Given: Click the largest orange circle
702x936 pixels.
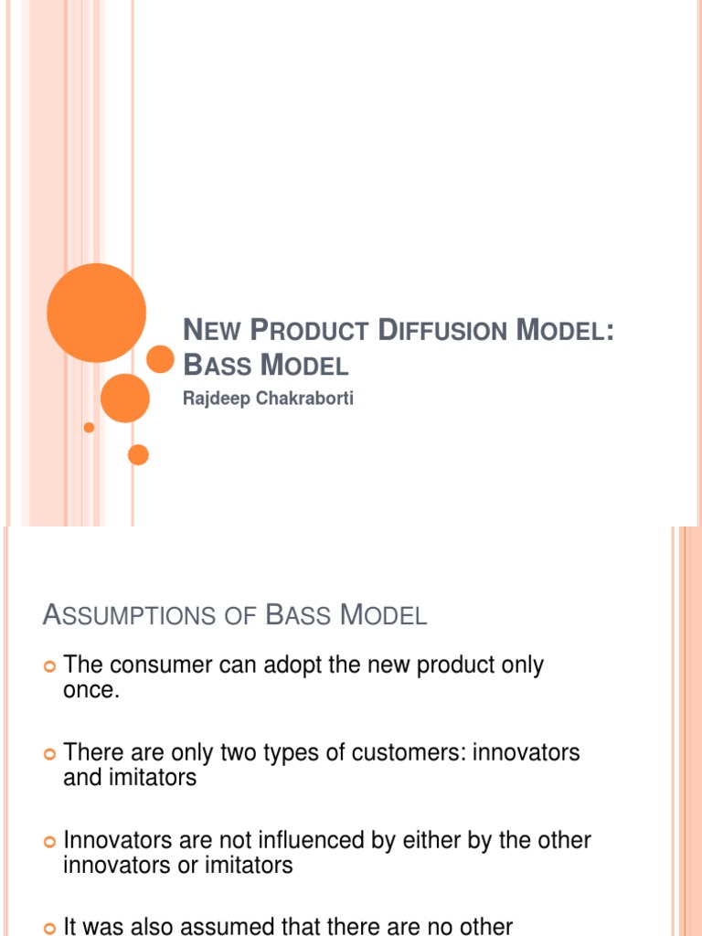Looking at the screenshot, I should [96, 313].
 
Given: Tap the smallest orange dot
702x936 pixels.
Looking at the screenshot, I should [89, 427].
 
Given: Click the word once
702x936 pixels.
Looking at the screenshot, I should [91, 690].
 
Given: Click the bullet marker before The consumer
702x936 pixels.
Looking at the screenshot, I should [50, 666].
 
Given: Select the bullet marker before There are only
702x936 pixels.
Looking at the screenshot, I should [50, 754].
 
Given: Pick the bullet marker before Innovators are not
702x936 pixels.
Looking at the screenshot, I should [50, 841].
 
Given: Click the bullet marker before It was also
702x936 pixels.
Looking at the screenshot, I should [50, 927].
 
